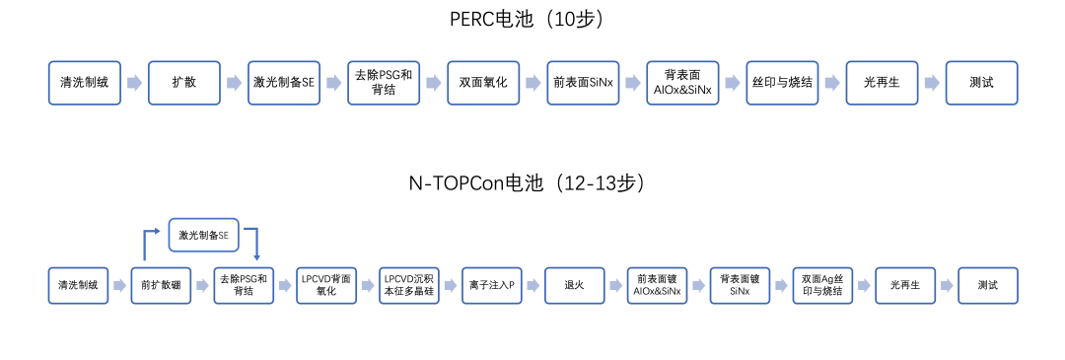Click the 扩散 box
[x=183, y=83]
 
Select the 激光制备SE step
[x=284, y=83]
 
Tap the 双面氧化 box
[x=483, y=83]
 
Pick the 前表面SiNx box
[x=583, y=83]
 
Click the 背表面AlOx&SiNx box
[x=682, y=83]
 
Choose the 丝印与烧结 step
[x=782, y=83]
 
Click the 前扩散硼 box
[x=161, y=285]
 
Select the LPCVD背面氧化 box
[x=326, y=285]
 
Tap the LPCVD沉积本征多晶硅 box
[x=409, y=285]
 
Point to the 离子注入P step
[x=491, y=285]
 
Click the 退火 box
[x=574, y=285]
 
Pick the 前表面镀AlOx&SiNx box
[x=657, y=285]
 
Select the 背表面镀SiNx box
[x=740, y=285]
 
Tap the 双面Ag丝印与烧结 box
[x=821, y=285]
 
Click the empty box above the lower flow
[x=204, y=234]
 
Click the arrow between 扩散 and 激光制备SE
[x=233, y=83]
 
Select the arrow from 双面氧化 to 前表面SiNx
[x=532, y=83]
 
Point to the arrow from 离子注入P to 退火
[x=532, y=285]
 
